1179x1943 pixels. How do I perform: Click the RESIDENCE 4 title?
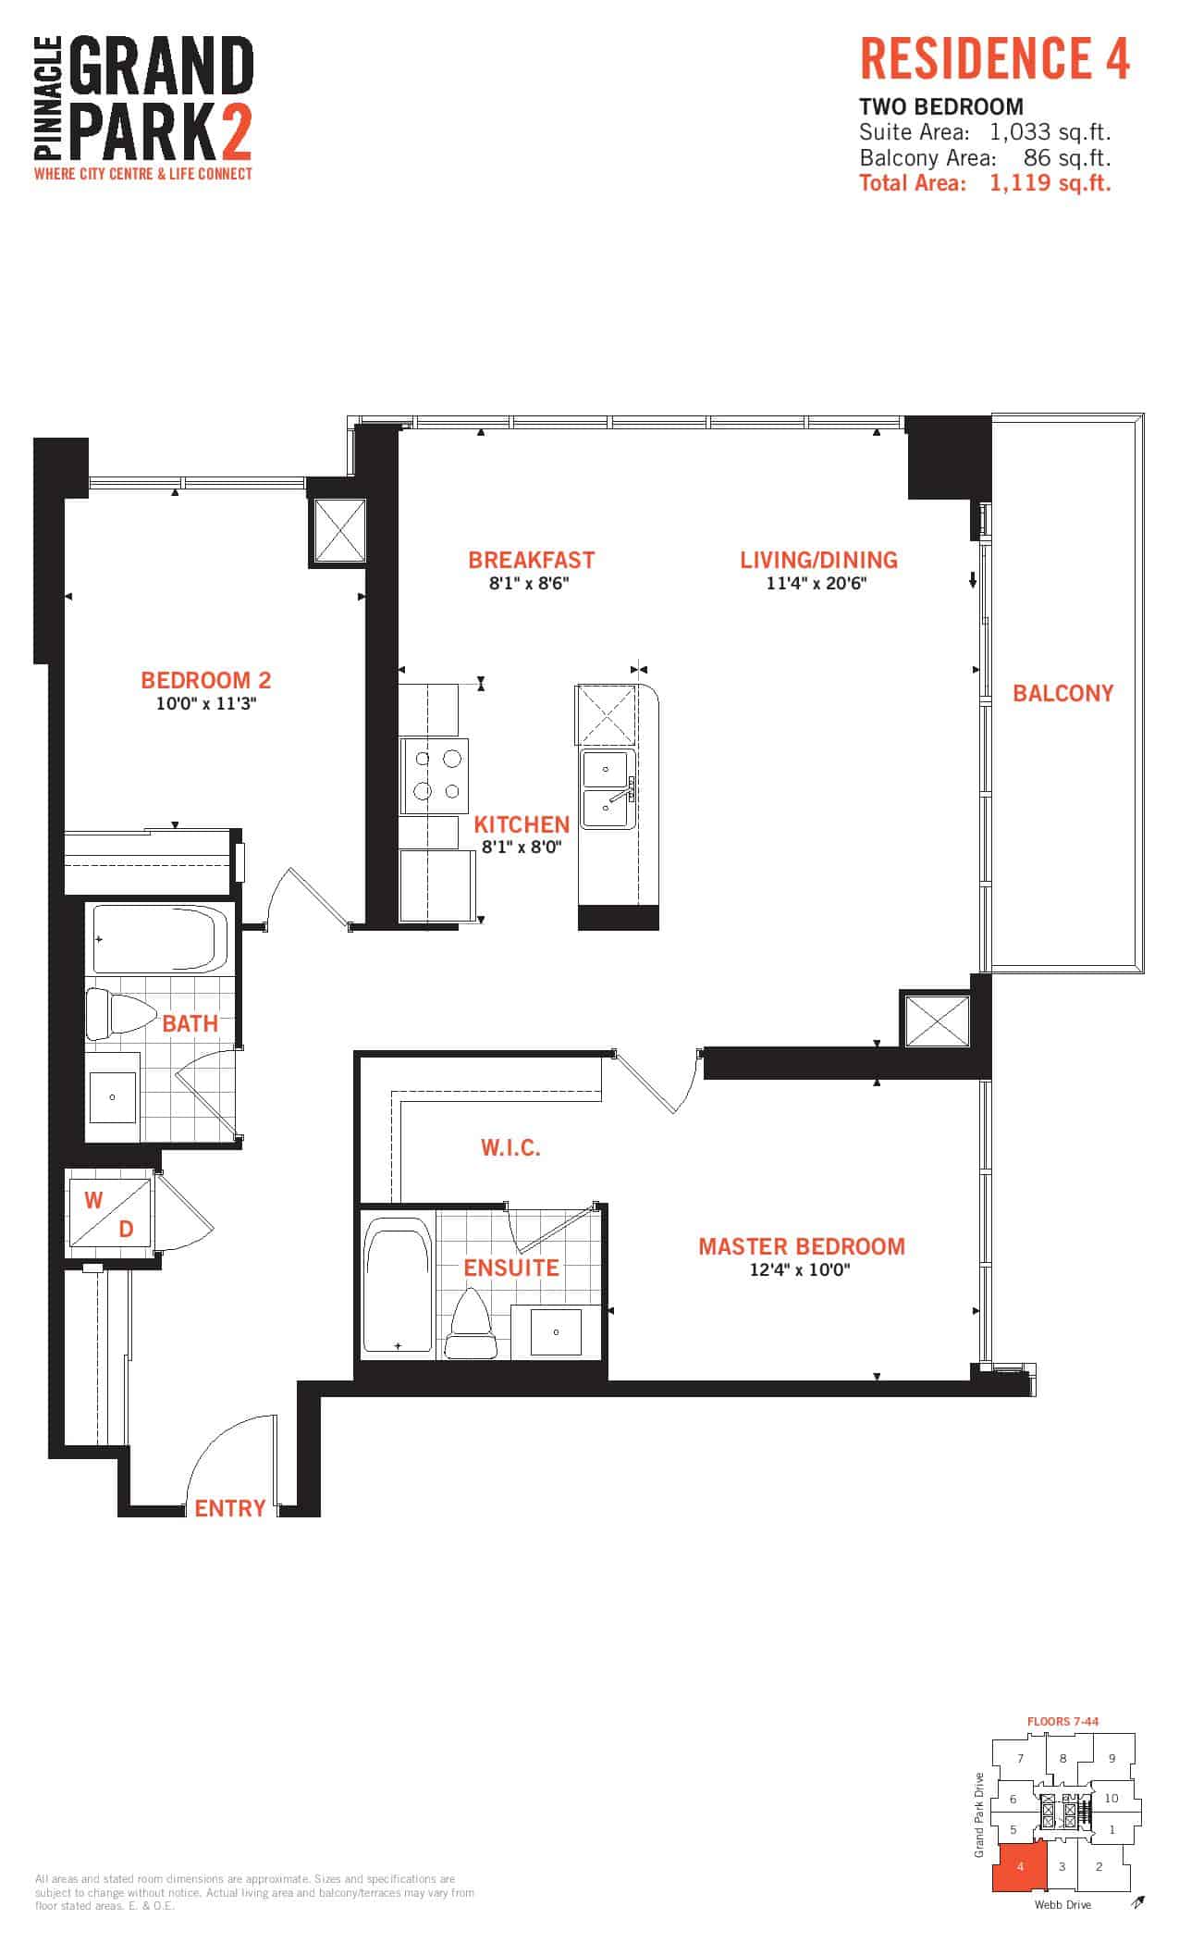click(995, 59)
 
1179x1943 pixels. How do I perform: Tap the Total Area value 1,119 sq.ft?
click(1050, 183)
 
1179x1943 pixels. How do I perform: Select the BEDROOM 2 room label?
click(206, 680)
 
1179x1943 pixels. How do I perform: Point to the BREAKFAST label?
click(531, 560)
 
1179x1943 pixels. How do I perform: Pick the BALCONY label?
click(1063, 693)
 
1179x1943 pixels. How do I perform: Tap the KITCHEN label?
click(522, 824)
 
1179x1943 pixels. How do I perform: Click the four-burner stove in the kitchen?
click(434, 776)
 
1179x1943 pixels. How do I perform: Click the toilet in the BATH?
click(121, 1014)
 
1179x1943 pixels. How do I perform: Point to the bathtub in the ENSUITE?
click(398, 1287)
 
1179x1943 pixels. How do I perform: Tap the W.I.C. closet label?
click(510, 1147)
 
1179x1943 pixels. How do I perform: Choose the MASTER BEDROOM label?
click(802, 1246)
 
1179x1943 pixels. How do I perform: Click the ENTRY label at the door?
click(230, 1508)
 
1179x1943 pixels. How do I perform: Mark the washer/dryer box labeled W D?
click(109, 1214)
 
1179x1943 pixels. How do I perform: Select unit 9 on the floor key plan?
click(1111, 1758)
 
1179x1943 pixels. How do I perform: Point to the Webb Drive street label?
click(1062, 1904)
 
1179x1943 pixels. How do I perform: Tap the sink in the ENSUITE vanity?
click(555, 1332)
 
